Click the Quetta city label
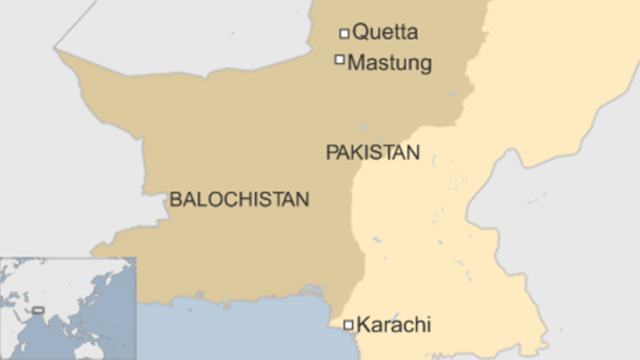pyautogui.click(x=385, y=32)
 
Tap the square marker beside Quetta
pyautogui.click(x=344, y=33)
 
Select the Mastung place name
pyautogui.click(x=390, y=62)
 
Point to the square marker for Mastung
pyautogui.click(x=340, y=59)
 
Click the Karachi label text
pyautogui.click(x=394, y=325)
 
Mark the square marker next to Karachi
pyautogui.click(x=348, y=324)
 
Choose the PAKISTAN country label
pyautogui.click(x=372, y=152)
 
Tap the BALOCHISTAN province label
pyautogui.click(x=239, y=199)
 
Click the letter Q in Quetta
pyautogui.click(x=360, y=32)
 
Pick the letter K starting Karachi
pyautogui.click(x=363, y=325)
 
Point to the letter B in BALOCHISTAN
pyautogui.click(x=175, y=199)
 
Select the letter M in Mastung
pyautogui.click(x=356, y=62)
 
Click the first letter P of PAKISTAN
pyautogui.click(x=330, y=152)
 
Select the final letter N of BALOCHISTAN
pyautogui.click(x=302, y=199)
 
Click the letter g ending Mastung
pyautogui.click(x=426, y=64)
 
